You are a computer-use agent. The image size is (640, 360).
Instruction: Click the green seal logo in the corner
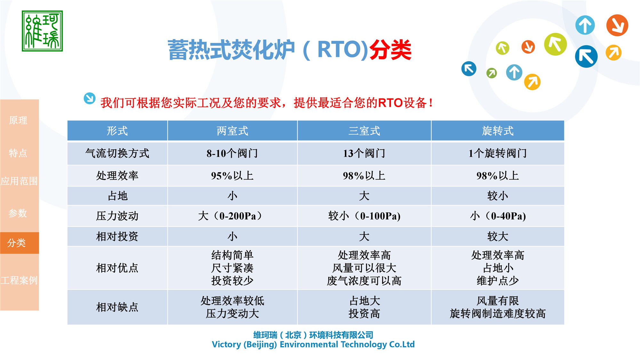[42, 31]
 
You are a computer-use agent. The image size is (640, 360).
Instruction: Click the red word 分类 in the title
[390, 50]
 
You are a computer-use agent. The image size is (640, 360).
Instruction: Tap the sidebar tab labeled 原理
[18, 120]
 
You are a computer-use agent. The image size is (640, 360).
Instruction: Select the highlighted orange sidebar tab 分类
[17, 243]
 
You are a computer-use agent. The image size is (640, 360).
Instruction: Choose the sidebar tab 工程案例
[19, 280]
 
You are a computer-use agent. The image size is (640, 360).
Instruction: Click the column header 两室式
[232, 131]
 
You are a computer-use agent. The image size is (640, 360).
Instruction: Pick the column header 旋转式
[498, 131]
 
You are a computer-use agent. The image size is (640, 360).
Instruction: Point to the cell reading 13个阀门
[364, 153]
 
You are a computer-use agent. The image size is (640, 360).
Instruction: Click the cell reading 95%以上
[232, 176]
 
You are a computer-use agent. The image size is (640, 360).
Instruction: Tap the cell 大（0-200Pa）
[232, 216]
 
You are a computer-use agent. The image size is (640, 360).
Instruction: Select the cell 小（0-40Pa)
[498, 216]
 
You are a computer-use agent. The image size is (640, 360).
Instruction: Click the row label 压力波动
[117, 216]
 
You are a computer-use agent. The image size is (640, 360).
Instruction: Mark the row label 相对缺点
[117, 307]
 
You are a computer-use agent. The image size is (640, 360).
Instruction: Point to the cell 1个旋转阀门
[498, 153]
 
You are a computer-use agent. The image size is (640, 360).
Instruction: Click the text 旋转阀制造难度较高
[498, 314]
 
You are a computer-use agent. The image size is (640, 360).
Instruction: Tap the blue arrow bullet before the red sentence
[90, 98]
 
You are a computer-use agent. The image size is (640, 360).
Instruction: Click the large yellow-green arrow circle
[555, 44]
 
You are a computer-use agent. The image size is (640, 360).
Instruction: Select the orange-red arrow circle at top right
[617, 25]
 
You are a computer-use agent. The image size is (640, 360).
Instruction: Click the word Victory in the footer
[226, 345]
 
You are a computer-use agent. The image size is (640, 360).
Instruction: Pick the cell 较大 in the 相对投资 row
[498, 236]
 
